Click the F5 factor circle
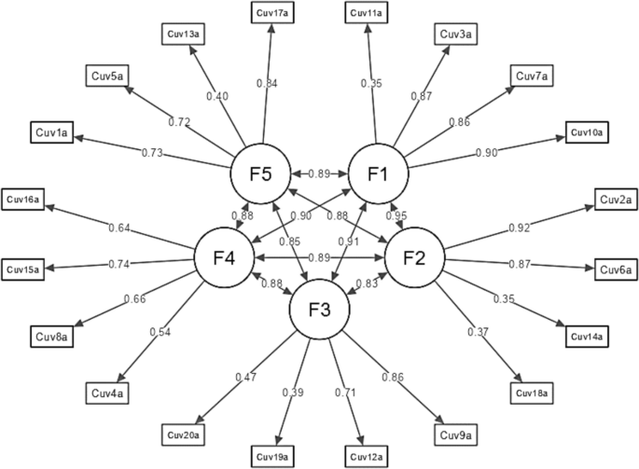(x=261, y=174)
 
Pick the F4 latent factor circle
(x=225, y=256)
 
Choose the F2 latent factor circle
(x=415, y=256)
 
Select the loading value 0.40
(x=217, y=97)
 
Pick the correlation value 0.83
(x=369, y=282)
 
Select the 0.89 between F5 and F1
(x=320, y=174)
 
